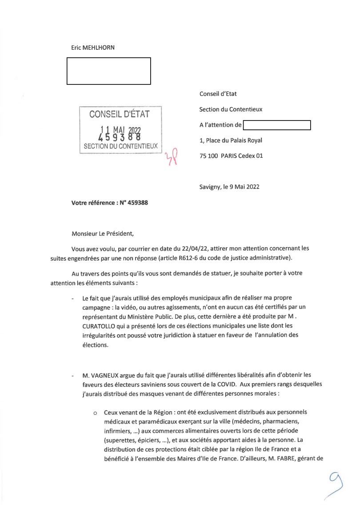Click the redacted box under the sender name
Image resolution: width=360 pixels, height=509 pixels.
(x=108, y=71)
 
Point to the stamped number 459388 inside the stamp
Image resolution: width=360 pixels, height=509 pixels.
(x=119, y=137)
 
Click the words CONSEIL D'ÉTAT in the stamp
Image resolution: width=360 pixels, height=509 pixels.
(x=120, y=114)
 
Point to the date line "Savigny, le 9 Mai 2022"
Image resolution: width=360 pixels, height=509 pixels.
(x=229, y=187)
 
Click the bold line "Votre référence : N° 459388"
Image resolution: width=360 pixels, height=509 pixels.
(x=109, y=203)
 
